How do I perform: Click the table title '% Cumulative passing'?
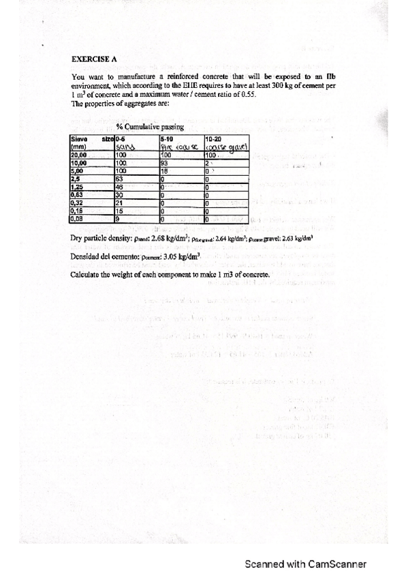click(x=146, y=127)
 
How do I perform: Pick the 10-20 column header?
click(x=212, y=138)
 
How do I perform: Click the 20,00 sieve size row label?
click(x=79, y=155)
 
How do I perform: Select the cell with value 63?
click(x=119, y=179)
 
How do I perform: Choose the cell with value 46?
click(x=119, y=186)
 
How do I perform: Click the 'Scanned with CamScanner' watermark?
click(x=306, y=564)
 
